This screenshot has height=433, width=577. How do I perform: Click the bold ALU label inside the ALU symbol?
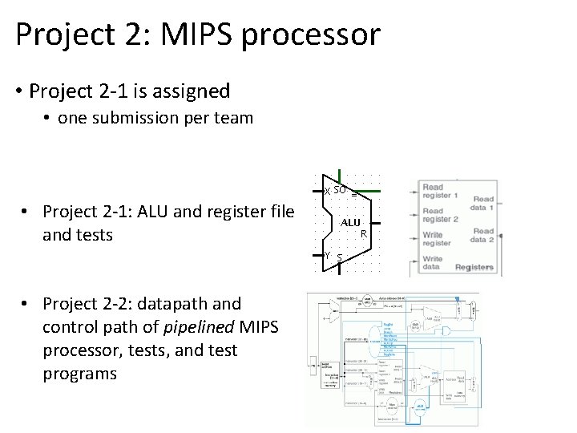350,222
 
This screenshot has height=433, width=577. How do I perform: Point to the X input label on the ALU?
326,191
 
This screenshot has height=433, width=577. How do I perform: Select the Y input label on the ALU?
327,255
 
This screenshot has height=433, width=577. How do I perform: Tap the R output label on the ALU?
363,234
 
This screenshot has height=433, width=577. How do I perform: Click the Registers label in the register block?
474,267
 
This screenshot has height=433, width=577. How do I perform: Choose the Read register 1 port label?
440,192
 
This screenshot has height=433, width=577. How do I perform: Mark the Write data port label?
432,263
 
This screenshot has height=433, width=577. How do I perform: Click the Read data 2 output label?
482,235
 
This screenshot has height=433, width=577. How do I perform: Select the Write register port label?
436,239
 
